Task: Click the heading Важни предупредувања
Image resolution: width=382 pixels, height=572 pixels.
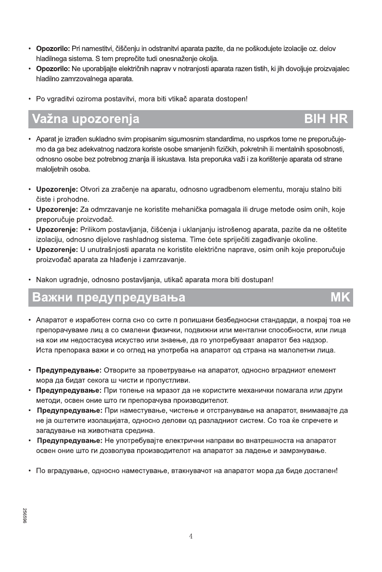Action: (108, 298)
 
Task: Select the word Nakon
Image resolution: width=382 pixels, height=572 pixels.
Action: (47, 279)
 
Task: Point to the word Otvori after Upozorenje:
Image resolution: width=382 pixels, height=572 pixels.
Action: (91, 189)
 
